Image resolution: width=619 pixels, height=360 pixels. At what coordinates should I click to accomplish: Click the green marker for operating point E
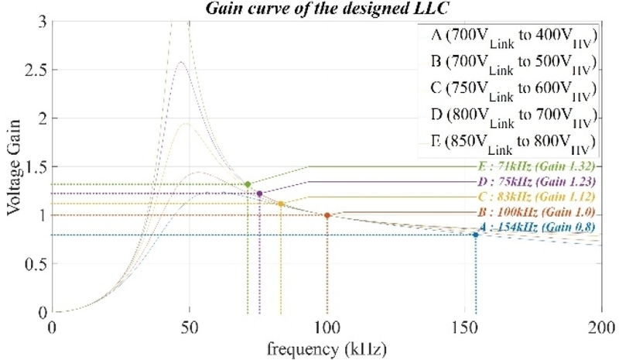point(248,184)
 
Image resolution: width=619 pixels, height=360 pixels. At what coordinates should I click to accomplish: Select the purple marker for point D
point(259,193)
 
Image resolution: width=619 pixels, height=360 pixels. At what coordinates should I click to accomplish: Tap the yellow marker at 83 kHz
point(281,204)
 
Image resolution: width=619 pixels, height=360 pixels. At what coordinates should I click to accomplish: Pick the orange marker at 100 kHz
point(327,215)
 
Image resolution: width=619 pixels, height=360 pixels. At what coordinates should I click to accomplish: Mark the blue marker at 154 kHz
point(475,235)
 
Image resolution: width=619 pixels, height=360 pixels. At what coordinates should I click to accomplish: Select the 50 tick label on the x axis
point(189,326)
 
